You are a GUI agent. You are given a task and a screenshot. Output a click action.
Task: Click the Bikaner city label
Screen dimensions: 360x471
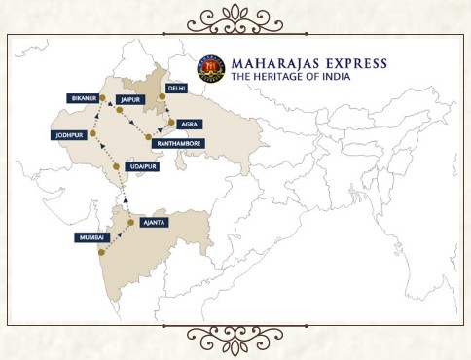(x=83, y=98)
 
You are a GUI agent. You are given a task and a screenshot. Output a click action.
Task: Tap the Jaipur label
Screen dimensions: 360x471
(x=128, y=99)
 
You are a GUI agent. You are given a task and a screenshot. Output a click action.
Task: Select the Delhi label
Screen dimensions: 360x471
(x=176, y=87)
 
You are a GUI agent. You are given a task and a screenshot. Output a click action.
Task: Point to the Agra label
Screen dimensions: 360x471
(x=190, y=125)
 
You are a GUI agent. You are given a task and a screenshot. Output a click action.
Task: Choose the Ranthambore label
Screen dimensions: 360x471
(x=178, y=142)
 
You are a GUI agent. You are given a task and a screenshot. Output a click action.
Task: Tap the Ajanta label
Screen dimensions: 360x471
(x=154, y=223)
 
